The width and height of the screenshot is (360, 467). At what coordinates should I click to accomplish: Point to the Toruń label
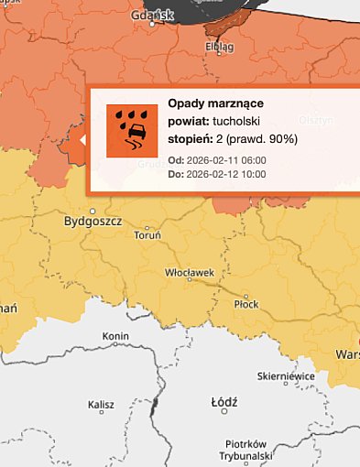pyautogui.click(x=147, y=236)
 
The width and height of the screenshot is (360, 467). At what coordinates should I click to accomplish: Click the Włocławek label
pyautogui.click(x=189, y=273)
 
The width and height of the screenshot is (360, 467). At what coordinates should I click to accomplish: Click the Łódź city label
pyautogui.click(x=224, y=402)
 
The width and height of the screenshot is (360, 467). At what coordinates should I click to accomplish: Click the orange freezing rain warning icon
pyautogui.click(x=132, y=131)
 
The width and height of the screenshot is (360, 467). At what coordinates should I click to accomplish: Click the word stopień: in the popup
pyautogui.click(x=191, y=139)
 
